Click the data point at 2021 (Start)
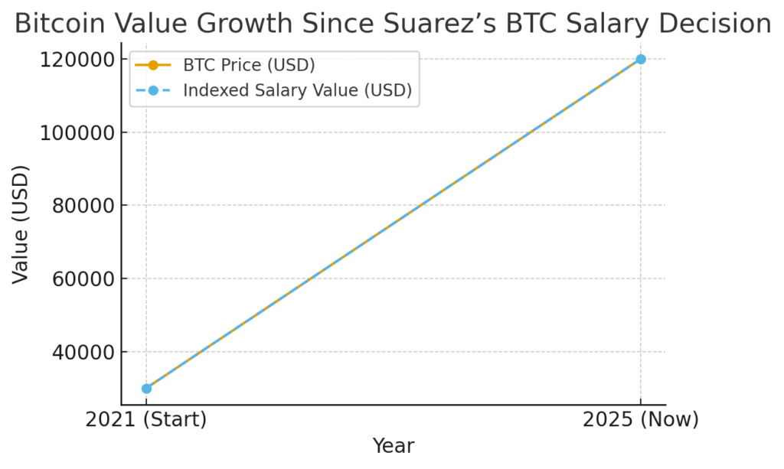tap(146, 388)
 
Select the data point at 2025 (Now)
tap(641, 59)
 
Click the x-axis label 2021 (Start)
tap(146, 420)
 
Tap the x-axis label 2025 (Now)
tap(641, 420)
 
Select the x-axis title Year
tap(394, 446)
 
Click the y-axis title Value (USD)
tap(21, 224)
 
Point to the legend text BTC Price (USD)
tap(249, 65)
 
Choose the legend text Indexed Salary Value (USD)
tap(297, 90)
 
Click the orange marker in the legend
tap(152, 65)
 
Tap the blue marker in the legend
tap(152, 90)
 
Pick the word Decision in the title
tap(715, 24)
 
